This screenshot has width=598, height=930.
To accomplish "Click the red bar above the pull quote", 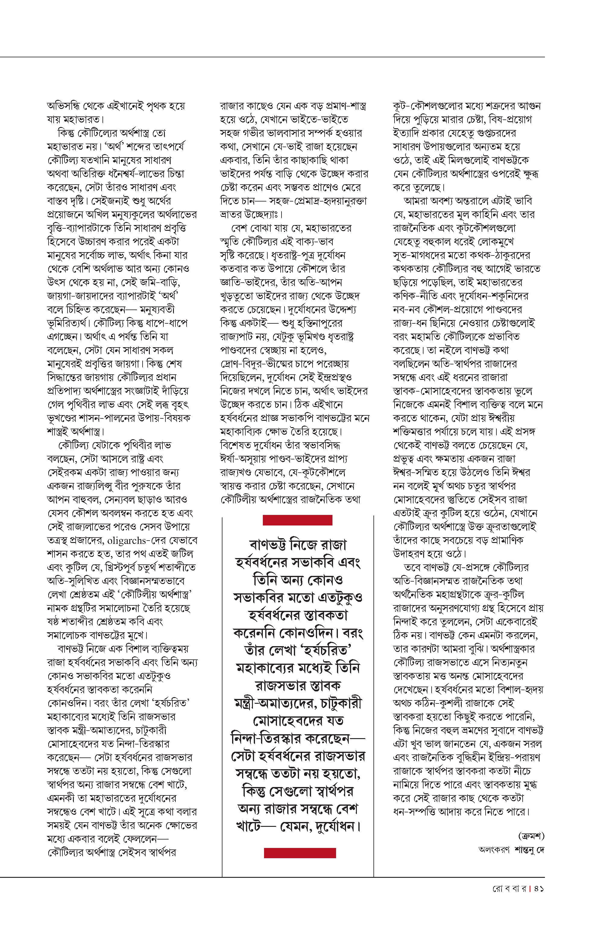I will click(x=297, y=520).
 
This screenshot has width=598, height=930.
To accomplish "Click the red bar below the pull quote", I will click(x=300, y=853).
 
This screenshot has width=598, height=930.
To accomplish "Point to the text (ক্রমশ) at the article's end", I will click(x=531, y=836).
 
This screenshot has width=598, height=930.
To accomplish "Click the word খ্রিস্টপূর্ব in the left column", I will click(x=126, y=568).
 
